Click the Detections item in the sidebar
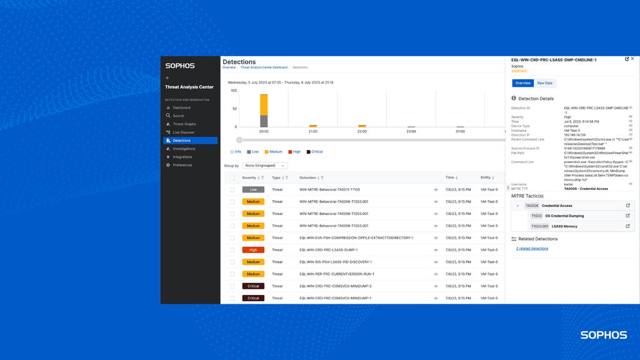pos(181,141)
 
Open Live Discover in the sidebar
pos(183,132)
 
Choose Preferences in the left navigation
pos(182,165)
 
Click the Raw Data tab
pos(544,83)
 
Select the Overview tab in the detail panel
pos(522,83)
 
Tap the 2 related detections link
pos(532,248)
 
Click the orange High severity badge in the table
pos(253,250)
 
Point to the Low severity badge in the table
pos(253,189)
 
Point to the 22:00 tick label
pos(362,132)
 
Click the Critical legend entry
pos(316,152)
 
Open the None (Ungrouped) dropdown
pos(266,166)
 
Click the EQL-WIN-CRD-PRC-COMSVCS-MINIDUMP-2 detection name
pos(335,286)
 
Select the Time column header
pos(450,177)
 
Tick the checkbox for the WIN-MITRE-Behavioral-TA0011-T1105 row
pos(232,189)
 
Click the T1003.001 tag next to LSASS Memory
pos(539,226)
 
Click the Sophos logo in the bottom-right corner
pos(603,335)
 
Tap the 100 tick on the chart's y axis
pos(234,91)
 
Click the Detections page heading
pos(239,62)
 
